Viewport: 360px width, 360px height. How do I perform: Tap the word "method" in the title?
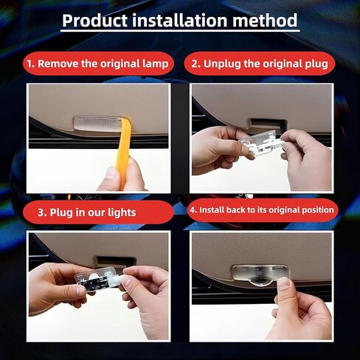(263, 20)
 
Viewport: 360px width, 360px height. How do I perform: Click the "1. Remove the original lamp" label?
(97, 63)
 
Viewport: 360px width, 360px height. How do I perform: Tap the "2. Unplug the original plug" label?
(259, 63)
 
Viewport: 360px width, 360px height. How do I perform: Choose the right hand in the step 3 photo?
(148, 291)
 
